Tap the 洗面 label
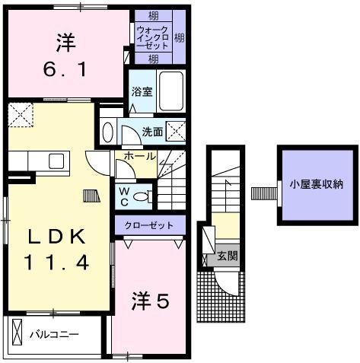coord(152,132)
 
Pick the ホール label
coord(135,157)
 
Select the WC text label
coord(122,196)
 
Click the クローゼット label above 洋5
coord(151,225)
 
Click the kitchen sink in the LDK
coord(56,161)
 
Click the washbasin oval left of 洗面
coord(107,132)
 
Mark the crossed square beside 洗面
coord(177,131)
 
